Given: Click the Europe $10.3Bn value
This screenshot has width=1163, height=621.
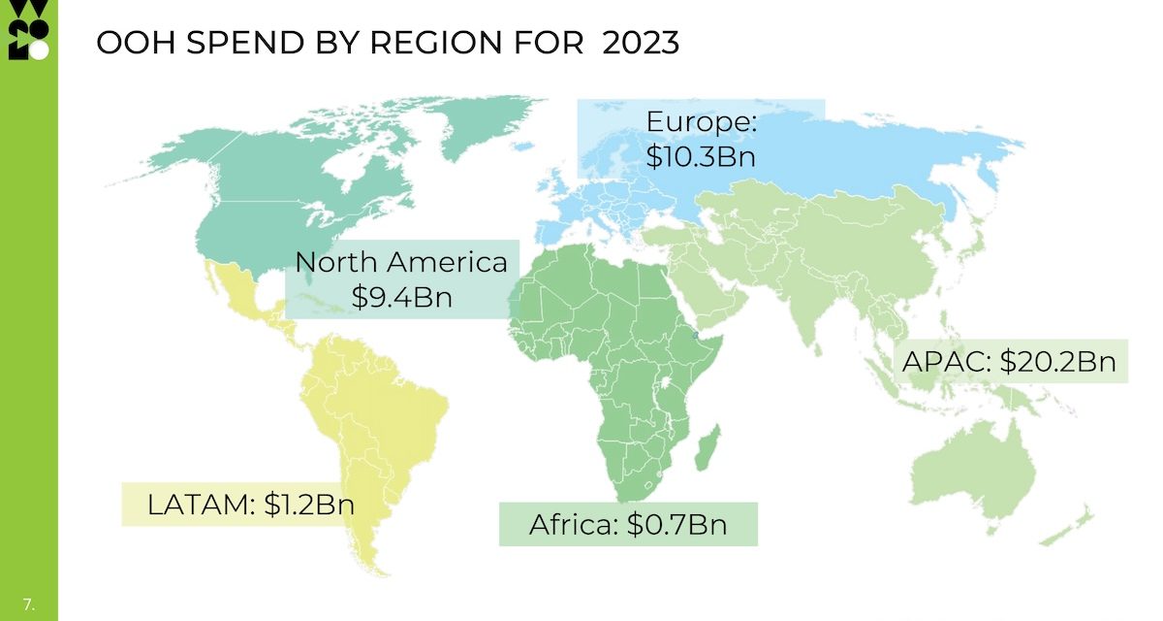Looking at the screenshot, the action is pos(700,156).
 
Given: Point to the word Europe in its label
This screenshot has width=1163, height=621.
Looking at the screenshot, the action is pos(700,123).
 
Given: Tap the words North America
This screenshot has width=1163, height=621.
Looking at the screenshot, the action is pos(401,262).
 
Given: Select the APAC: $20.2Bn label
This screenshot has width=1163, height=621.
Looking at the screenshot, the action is pos(1009,362).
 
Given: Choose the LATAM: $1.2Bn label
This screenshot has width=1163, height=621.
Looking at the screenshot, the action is pos(251,505).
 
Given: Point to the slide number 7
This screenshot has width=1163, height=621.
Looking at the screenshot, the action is pos(28,604).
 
